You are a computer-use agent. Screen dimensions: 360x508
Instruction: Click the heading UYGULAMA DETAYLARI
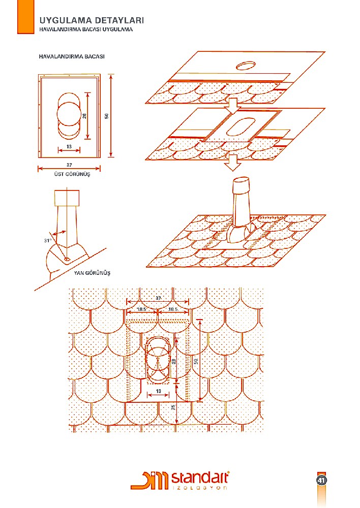click(92, 20)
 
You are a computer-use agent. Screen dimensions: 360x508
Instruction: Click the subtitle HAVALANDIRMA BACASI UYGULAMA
click(86, 29)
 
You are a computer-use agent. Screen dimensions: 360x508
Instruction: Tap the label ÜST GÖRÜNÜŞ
click(72, 174)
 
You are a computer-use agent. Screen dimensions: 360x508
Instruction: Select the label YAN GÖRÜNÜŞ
click(92, 273)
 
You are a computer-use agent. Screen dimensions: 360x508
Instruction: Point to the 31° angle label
click(48, 241)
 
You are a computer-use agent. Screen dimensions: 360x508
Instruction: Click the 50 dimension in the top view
click(106, 116)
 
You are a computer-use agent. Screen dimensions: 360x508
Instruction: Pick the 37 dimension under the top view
click(69, 165)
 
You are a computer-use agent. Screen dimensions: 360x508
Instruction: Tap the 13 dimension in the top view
click(69, 146)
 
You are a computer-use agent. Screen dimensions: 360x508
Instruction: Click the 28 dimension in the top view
click(84, 116)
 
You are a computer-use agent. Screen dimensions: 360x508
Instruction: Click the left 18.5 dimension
click(142, 309)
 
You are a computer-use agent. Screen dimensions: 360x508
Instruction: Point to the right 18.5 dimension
click(173, 309)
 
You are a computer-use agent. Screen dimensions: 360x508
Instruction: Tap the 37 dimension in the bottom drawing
click(158, 298)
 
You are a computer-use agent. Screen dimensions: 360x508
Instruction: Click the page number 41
click(322, 480)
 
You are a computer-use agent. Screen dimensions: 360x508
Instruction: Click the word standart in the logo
click(199, 478)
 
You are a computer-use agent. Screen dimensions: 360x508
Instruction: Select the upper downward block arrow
click(233, 106)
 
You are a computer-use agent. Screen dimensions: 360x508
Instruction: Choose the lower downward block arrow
click(233, 163)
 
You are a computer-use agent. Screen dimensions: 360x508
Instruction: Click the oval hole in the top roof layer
click(246, 66)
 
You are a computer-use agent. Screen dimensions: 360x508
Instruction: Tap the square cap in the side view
click(67, 198)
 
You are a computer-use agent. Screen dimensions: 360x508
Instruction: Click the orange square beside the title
click(25, 17)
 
